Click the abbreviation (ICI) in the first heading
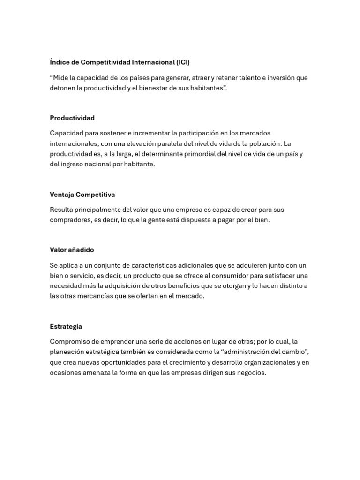[x=183, y=62]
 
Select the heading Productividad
[x=72, y=118]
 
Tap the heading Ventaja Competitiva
[x=82, y=195]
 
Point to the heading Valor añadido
[x=72, y=250]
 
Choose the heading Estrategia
[x=66, y=326]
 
